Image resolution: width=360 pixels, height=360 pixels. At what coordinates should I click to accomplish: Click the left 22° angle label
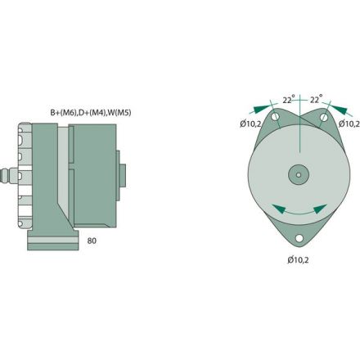pos(288,100)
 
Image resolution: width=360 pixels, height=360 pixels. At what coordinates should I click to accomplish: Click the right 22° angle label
pos(315,100)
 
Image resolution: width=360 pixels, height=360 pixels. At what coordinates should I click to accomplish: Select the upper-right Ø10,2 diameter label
pos(350,124)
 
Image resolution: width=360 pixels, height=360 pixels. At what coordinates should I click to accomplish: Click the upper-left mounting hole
pos(279,123)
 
